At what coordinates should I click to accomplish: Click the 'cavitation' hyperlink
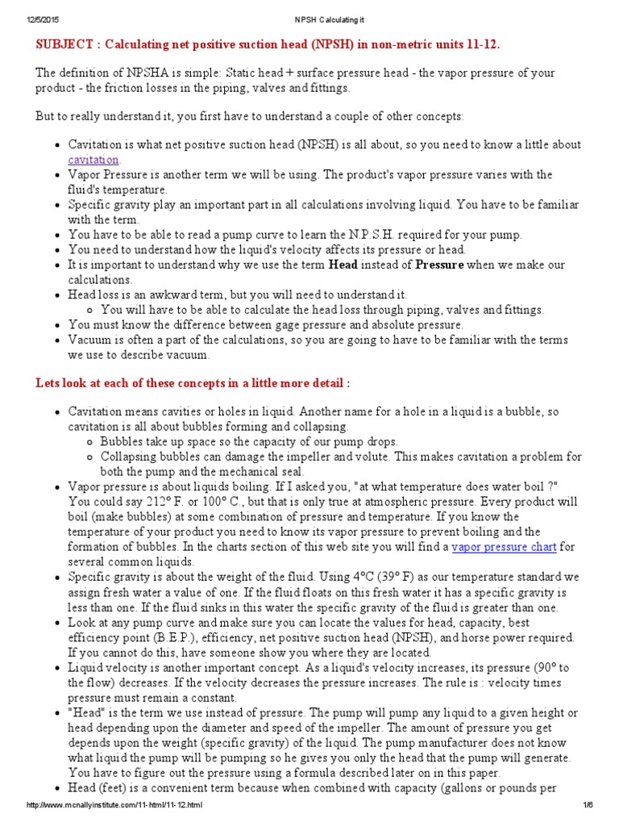(93, 160)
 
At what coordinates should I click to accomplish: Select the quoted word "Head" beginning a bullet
(86, 713)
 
